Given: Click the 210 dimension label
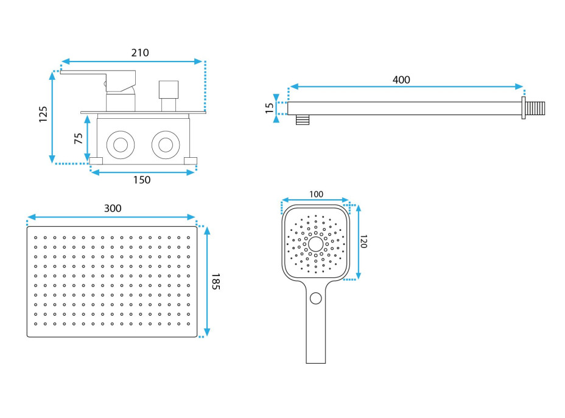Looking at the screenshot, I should click(140, 52).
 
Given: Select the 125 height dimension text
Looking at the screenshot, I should click(43, 115).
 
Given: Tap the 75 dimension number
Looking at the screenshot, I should click(79, 138).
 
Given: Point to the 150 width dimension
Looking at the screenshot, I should click(141, 180).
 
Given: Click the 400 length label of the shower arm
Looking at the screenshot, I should click(401, 80).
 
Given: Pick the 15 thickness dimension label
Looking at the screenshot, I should click(270, 108).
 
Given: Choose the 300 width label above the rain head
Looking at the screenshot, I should click(113, 208).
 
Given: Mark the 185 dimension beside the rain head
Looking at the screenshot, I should click(215, 281).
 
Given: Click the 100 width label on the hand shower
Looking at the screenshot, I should click(316, 194).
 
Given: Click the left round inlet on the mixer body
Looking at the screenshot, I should click(119, 144).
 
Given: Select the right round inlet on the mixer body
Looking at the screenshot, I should click(165, 144).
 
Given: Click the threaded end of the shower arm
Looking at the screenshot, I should click(537, 108).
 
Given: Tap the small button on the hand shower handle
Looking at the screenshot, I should click(315, 298).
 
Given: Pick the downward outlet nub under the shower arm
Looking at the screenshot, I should click(301, 119).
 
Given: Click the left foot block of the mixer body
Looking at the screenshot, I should click(96, 161).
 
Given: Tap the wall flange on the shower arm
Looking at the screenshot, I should click(524, 108).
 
